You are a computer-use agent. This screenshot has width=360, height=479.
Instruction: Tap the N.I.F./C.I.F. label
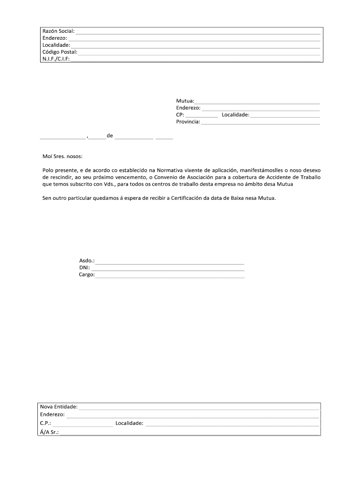[x=56, y=59]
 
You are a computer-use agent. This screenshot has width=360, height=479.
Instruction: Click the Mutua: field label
[x=185, y=101]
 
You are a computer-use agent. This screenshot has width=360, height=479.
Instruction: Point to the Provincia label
[x=188, y=122]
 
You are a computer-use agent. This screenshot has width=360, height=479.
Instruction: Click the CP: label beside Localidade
[x=180, y=115]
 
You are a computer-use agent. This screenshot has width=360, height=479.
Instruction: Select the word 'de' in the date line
[x=110, y=136]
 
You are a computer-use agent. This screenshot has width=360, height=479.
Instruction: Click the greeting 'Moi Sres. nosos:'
[x=62, y=156]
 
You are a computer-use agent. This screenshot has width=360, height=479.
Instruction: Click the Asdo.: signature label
[x=87, y=261]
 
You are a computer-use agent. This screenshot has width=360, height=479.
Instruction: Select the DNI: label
[x=85, y=268]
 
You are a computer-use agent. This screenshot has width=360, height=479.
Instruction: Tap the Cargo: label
[x=86, y=275]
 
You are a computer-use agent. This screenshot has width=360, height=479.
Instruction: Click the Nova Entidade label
[x=58, y=407]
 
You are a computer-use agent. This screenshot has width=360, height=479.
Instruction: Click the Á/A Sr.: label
[x=49, y=432]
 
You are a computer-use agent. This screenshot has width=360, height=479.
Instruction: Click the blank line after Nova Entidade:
[x=199, y=408]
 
